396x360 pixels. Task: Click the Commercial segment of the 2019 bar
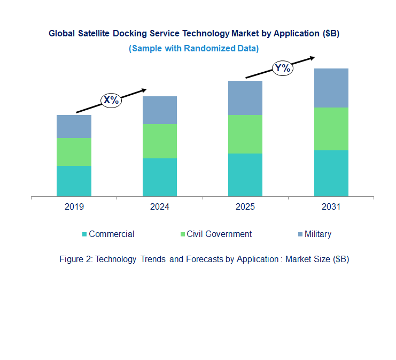(74, 181)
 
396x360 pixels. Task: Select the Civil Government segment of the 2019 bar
(74, 152)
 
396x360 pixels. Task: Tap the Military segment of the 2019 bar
(74, 126)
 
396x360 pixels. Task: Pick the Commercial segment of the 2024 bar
(159, 177)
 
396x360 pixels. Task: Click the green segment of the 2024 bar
(159, 141)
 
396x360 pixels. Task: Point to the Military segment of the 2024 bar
(159, 110)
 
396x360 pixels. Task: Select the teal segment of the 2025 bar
(245, 175)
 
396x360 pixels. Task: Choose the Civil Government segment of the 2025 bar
(245, 134)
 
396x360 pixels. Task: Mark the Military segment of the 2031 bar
(331, 88)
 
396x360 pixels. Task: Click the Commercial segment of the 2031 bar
(331, 173)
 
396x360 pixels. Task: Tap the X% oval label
(112, 100)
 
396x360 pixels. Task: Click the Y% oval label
(282, 68)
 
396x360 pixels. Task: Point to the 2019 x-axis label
(74, 207)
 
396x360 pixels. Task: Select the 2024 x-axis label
(159, 207)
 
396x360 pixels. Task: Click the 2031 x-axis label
(331, 207)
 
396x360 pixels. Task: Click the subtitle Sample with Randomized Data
(193, 48)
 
